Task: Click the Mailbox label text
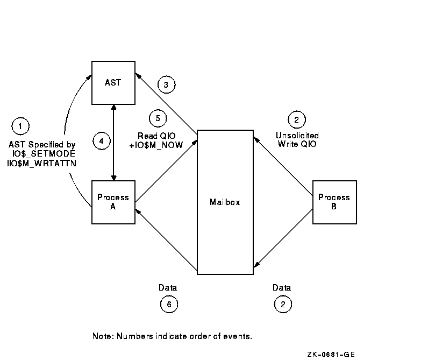tap(225, 202)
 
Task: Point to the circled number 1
tap(20, 126)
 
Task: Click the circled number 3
tap(166, 84)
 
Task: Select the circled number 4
tap(102, 141)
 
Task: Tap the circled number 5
tap(158, 118)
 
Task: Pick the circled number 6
tap(169, 304)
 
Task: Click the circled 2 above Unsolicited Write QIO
tap(297, 119)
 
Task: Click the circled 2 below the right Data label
tap(283, 304)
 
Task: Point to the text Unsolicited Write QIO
tap(297, 139)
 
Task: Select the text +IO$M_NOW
tap(156, 145)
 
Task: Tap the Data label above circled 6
tap(168, 287)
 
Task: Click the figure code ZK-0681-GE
tap(331, 355)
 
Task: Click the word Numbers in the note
tap(135, 336)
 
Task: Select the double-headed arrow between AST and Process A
tap(114, 143)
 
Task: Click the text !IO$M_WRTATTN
tap(42, 164)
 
